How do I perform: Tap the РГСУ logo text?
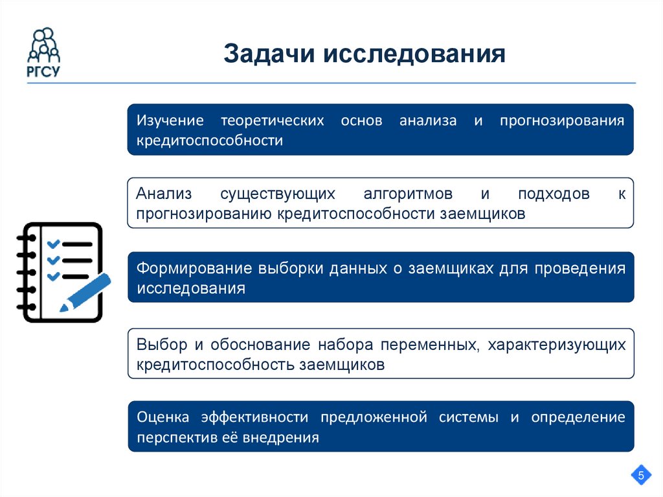coord(43,72)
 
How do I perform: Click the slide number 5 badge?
coord(641,476)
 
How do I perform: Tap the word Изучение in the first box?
coord(170,121)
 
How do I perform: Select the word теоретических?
coord(272,121)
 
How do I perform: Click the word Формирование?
coord(193,268)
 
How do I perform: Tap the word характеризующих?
coord(557,344)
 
